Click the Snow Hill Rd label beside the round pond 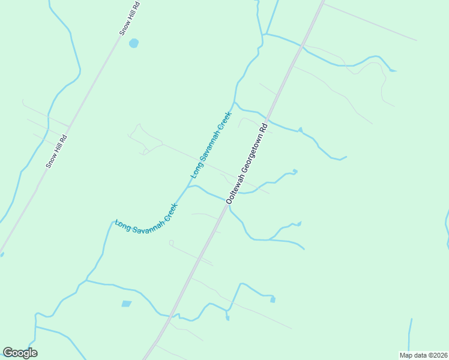pyautogui.click(x=130, y=19)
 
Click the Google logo pyautogui.click(x=20, y=353)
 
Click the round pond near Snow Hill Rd pyautogui.click(x=133, y=43)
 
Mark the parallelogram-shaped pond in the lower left pyautogui.click(x=126, y=304)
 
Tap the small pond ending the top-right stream pyautogui.click(x=392, y=70)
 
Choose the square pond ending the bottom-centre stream pyautogui.click(x=273, y=299)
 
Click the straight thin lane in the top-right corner pyautogui.click(x=369, y=23)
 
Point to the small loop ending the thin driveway pyautogui.click(x=171, y=243)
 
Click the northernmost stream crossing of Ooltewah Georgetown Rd pyautogui.click(x=302, y=45)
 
